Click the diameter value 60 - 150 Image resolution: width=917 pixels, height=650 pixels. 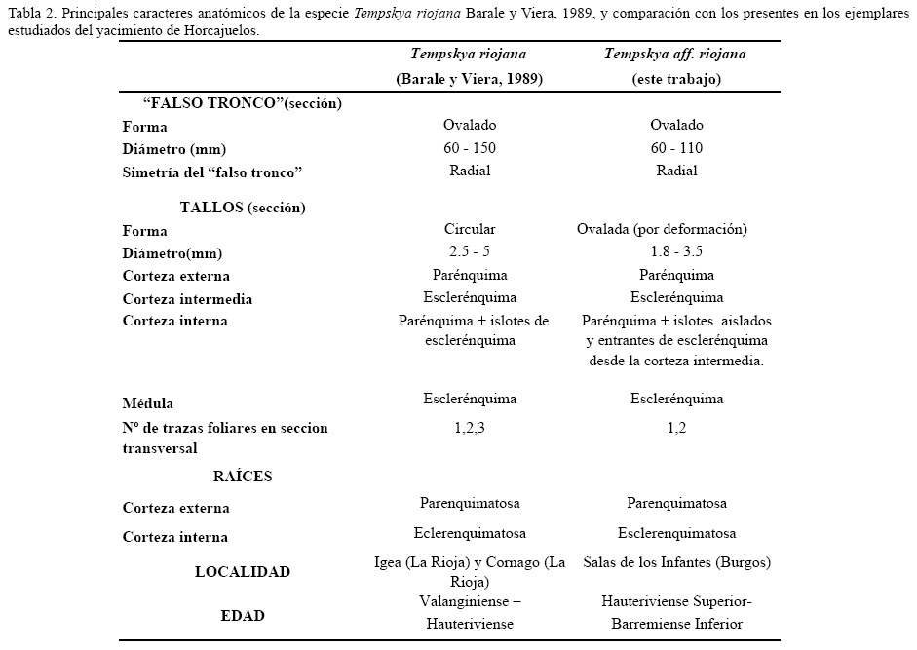coord(470,148)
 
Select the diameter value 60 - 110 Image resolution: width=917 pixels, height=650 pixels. coord(676,148)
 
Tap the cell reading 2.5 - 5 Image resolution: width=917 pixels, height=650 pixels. coord(470,252)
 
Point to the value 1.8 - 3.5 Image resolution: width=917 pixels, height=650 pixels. coord(676,252)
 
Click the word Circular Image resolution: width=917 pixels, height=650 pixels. coord(470,230)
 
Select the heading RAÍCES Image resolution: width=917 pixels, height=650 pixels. coord(243,477)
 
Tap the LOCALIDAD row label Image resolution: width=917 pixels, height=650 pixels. coord(243,572)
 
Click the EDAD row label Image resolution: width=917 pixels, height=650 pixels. coord(242,615)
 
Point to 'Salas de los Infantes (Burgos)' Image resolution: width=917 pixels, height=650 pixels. coord(676,563)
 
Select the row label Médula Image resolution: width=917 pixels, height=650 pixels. coord(149,403)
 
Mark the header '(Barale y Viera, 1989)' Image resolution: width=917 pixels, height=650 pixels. coord(470,79)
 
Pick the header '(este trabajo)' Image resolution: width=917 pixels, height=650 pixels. coord(676,79)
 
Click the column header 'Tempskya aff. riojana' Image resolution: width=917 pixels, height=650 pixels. coord(676,55)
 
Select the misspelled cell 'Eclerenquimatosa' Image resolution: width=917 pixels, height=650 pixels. coord(470,533)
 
